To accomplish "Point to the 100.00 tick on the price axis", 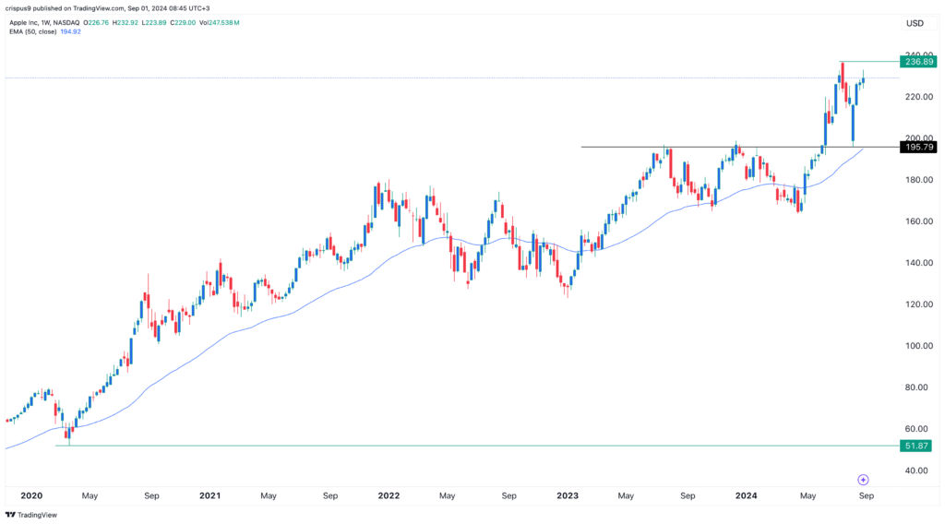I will (915, 346).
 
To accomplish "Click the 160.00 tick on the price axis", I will (915, 221).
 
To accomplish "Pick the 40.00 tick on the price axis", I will (915, 470).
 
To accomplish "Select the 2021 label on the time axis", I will (209, 495).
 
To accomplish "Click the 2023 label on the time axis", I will (567, 495).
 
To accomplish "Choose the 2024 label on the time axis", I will (746, 495).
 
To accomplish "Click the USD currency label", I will (915, 23).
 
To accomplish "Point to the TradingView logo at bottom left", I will (31, 515).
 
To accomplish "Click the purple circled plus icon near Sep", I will (863, 480).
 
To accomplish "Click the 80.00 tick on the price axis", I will (915, 387).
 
